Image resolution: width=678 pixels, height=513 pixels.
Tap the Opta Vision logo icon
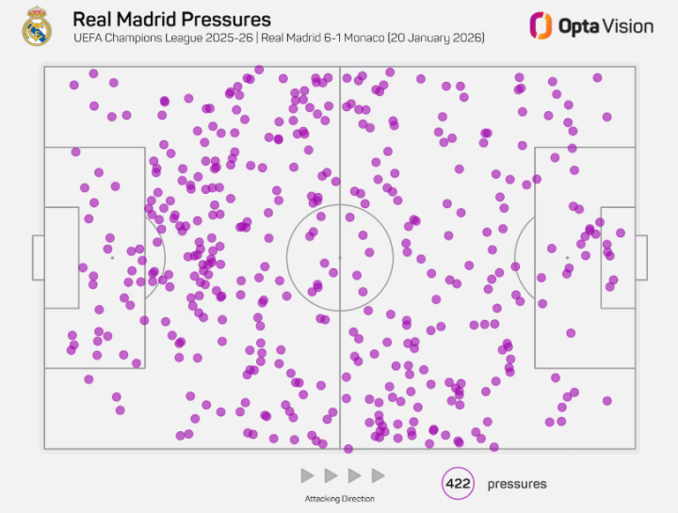[x=540, y=25]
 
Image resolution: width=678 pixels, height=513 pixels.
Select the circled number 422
[x=458, y=484]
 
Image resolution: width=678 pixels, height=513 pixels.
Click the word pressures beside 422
[x=516, y=484]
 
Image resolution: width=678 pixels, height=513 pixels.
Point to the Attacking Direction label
[x=338, y=498]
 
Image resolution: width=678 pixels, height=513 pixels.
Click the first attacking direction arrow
[x=306, y=475]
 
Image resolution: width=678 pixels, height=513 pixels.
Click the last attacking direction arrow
[x=378, y=475]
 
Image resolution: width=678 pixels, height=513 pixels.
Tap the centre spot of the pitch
[x=340, y=257]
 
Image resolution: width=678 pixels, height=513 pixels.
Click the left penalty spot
[x=112, y=257]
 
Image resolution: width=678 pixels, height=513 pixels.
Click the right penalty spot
[x=567, y=257]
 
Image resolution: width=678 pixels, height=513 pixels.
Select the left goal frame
[x=37, y=257]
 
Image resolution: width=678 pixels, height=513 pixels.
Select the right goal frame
[x=641, y=257]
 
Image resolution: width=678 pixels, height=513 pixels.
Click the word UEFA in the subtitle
[x=88, y=39]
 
